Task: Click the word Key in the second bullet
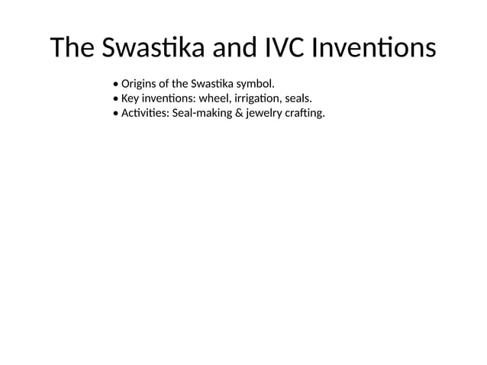(129, 99)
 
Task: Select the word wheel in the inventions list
(214, 99)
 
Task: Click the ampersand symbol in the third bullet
(241, 114)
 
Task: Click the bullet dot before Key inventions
(114, 99)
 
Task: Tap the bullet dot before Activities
(114, 115)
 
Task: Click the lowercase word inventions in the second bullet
(168, 99)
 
